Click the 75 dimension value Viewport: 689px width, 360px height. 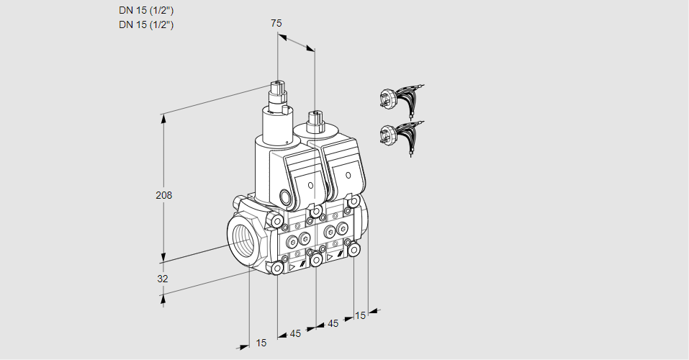[276, 23]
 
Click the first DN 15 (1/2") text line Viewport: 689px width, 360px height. [146, 11]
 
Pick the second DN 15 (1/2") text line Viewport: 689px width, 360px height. [146, 25]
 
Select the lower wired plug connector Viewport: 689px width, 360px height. [392, 134]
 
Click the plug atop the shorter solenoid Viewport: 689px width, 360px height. [314, 120]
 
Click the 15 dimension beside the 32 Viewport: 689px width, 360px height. [261, 343]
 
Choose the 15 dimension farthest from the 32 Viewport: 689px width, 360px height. [360, 315]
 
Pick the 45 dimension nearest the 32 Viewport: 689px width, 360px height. [295, 333]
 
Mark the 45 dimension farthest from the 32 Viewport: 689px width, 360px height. [333, 323]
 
